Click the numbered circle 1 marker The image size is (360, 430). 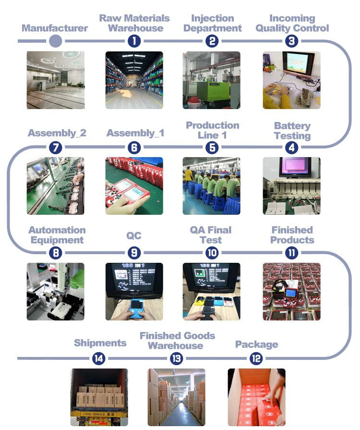[x=134, y=41]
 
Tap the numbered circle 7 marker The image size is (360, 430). [x=56, y=147]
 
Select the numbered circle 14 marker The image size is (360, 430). [x=99, y=358]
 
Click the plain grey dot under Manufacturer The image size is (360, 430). [x=56, y=41]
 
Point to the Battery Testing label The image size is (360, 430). [x=292, y=131]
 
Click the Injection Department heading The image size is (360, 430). [x=213, y=23]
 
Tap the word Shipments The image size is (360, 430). [x=100, y=343]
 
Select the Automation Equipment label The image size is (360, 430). [x=57, y=235]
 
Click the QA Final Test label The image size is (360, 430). [x=211, y=235]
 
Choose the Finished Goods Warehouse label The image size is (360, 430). [x=177, y=341]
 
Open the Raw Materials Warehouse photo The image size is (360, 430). [x=134, y=80]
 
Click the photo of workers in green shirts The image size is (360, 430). [x=211, y=185]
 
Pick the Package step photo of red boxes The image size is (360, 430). [x=256, y=397]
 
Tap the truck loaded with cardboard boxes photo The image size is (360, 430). [x=99, y=397]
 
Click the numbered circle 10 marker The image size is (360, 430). [x=212, y=252]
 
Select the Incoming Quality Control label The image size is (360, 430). [x=292, y=23]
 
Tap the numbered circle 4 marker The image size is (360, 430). [x=291, y=147]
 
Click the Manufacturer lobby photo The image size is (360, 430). [x=56, y=80]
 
